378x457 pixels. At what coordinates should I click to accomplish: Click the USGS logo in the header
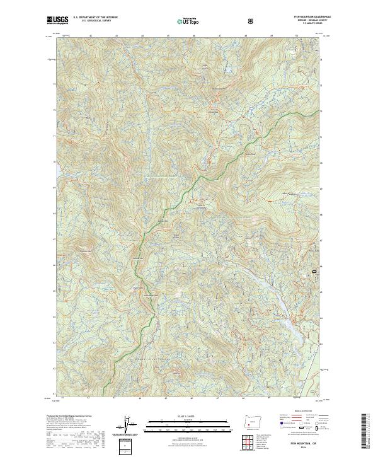pyautogui.click(x=58, y=21)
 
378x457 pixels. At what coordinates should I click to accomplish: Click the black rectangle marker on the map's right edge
pyautogui.click(x=314, y=271)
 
